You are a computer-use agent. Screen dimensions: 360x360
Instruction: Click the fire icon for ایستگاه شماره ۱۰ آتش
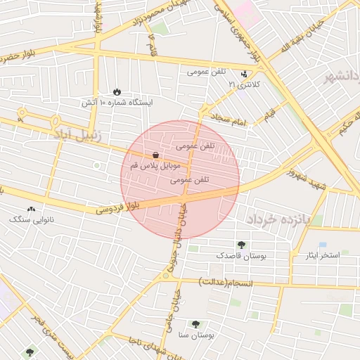click(x=117, y=92)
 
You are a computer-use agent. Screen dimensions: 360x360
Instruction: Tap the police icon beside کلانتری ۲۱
click(x=244, y=74)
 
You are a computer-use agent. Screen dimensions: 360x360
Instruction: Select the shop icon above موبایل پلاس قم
click(x=155, y=155)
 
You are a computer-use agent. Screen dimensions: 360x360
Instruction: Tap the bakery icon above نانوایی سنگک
click(x=30, y=210)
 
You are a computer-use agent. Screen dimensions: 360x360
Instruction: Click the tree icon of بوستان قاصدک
click(x=242, y=245)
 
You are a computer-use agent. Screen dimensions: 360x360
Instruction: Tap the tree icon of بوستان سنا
click(x=195, y=324)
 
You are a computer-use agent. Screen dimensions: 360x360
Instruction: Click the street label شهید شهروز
click(x=311, y=178)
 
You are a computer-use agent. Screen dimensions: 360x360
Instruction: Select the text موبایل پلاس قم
click(x=155, y=167)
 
